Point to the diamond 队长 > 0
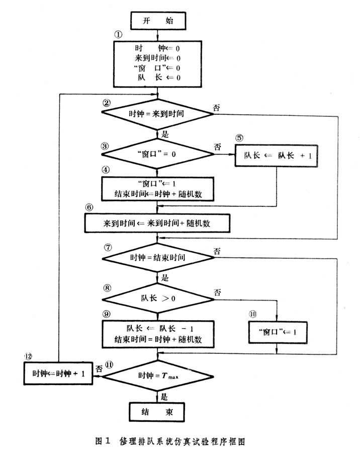point(158,299)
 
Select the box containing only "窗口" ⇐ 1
point(277,332)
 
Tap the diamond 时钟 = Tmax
point(158,375)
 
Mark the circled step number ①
point(118,35)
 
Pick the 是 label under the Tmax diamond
point(163,397)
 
